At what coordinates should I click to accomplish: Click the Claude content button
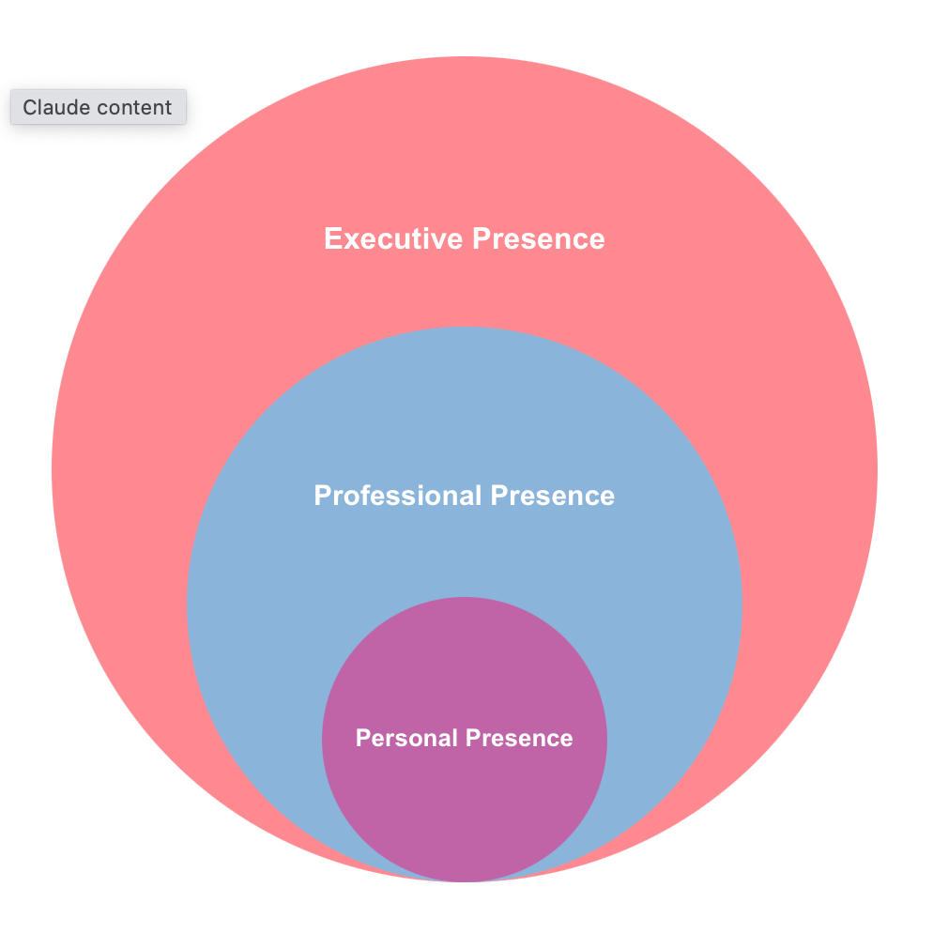[99, 107]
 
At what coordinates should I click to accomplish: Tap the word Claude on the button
[55, 107]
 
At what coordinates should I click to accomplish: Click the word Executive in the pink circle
[393, 238]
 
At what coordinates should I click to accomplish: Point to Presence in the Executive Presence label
[539, 238]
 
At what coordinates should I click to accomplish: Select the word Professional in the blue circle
[398, 496]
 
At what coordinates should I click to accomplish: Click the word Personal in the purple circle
[406, 739]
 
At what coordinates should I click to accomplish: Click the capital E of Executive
[332, 238]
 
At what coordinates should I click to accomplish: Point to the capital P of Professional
[322, 496]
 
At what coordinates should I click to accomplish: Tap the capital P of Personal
[362, 739]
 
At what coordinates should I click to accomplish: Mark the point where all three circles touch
[465, 881]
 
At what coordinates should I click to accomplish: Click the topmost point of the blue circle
[465, 327]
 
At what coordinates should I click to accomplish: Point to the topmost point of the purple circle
[465, 597]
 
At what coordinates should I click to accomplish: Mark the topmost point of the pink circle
[465, 56]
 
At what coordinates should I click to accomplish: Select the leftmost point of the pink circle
[52, 469]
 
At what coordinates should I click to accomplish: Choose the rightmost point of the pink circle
[878, 469]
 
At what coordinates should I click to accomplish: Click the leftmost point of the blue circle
[188, 604]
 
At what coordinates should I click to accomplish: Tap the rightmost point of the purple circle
[607, 740]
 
